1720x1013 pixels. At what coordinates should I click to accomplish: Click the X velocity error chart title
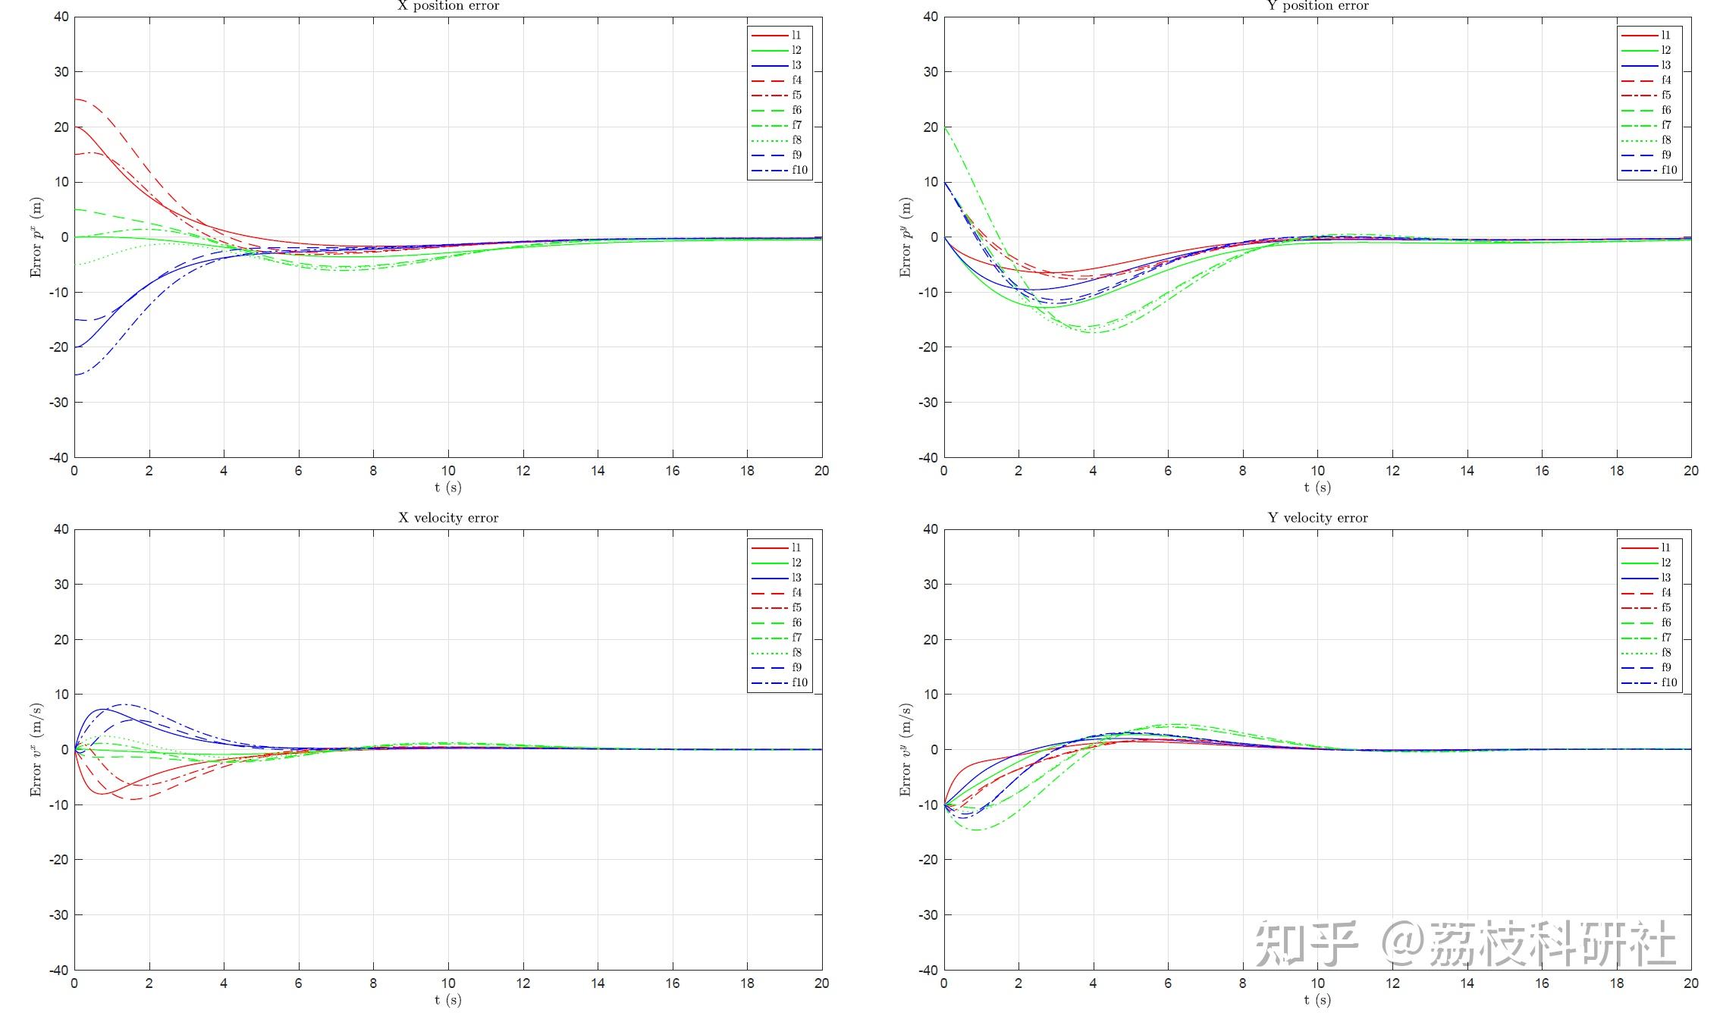pyautogui.click(x=448, y=518)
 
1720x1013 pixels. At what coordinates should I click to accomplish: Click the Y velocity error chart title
pyautogui.click(x=1318, y=518)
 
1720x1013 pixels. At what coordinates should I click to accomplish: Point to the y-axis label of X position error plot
pyautogui.click(x=36, y=237)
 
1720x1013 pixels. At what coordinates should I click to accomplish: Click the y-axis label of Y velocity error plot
pyautogui.click(x=906, y=750)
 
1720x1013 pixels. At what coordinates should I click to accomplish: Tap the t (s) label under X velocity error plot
pyautogui.click(x=448, y=1000)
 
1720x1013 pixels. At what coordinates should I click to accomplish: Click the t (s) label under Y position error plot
pyautogui.click(x=1318, y=488)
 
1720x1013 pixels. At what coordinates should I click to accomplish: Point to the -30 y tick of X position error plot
pyautogui.click(x=58, y=403)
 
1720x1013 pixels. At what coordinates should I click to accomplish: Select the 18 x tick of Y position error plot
pyautogui.click(x=1617, y=471)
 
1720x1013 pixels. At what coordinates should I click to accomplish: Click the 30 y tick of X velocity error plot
pyautogui.click(x=61, y=585)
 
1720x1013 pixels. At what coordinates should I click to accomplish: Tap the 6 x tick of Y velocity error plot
pyautogui.click(x=1168, y=983)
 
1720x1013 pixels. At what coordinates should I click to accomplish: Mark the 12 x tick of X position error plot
pyautogui.click(x=523, y=471)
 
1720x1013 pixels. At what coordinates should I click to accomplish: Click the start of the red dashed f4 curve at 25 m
pyautogui.click(x=75, y=99)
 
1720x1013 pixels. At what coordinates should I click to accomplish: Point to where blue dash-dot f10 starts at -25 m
pyautogui.click(x=75, y=375)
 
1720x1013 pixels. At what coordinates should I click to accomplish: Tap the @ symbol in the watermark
pyautogui.click(x=1401, y=943)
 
